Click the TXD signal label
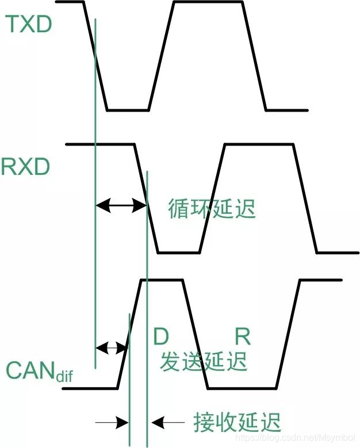pyautogui.click(x=28, y=24)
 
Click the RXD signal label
pyautogui.click(x=25, y=167)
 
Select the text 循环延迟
pyautogui.click(x=212, y=208)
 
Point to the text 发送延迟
pyautogui.click(x=204, y=361)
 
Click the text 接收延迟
pyautogui.click(x=238, y=423)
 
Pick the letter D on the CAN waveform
pyautogui.click(x=161, y=336)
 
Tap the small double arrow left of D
pyautogui.click(x=111, y=347)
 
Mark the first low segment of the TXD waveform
pyautogui.click(x=128, y=109)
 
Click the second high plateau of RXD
pyautogui.click(x=259, y=144)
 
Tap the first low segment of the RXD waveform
pyautogui.click(x=178, y=252)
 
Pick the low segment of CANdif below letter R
pyautogui.click(x=242, y=388)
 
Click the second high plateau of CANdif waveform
pyautogui.click(x=321, y=280)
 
